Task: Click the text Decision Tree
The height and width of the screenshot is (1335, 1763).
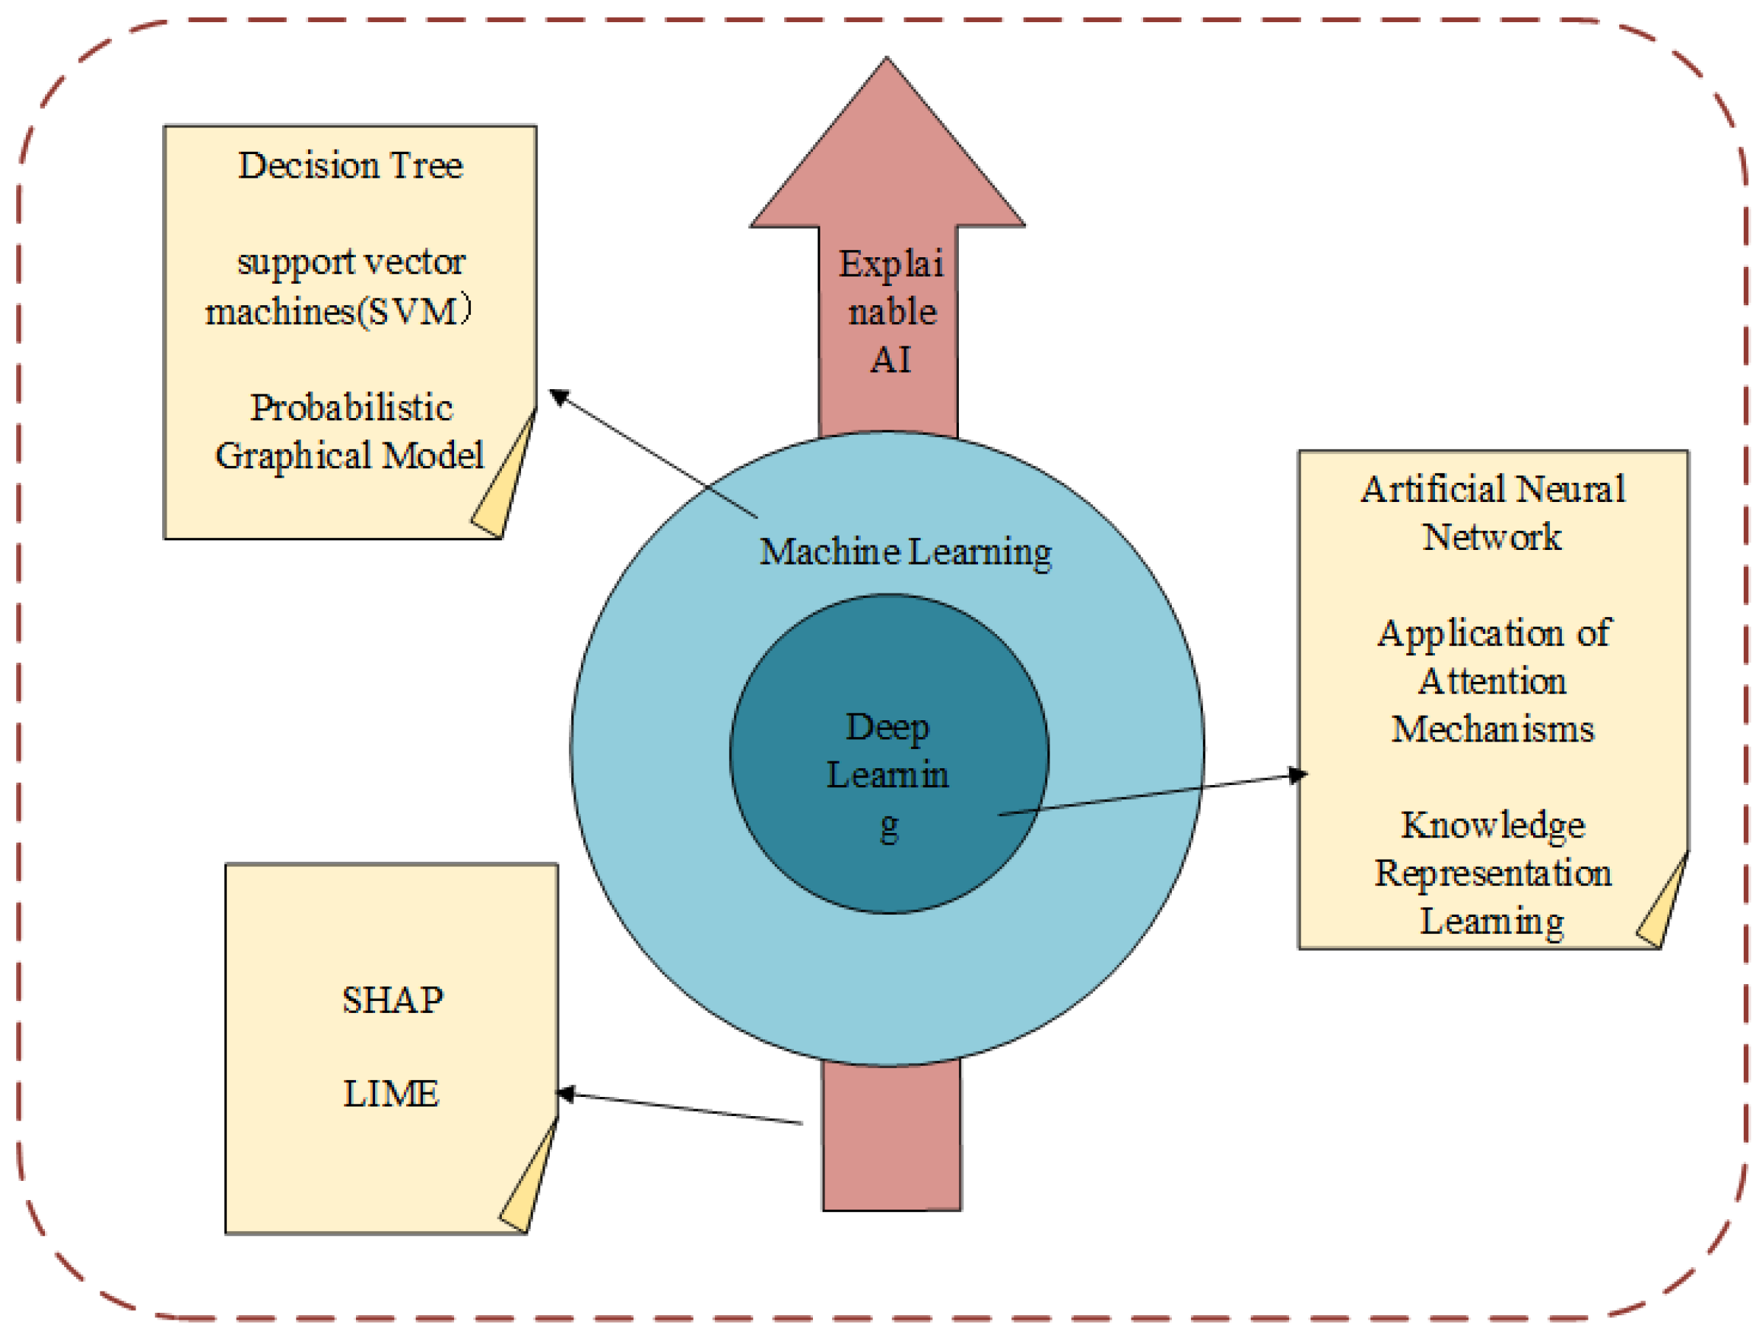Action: point(350,166)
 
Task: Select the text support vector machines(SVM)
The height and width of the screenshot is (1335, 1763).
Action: point(340,286)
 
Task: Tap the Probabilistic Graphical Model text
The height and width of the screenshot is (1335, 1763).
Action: point(350,431)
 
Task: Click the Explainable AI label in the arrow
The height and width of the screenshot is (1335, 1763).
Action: point(890,312)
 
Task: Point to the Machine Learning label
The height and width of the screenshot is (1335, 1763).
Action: point(905,551)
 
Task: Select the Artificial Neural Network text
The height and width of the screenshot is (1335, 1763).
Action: point(1492,512)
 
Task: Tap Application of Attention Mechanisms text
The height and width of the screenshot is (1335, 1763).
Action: point(1492,680)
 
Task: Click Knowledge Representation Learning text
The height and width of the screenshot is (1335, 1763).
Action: point(1492,872)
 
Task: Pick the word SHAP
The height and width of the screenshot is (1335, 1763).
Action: point(392,1000)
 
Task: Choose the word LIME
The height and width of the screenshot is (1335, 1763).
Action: point(391,1092)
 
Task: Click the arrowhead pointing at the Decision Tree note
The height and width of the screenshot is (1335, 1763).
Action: point(559,396)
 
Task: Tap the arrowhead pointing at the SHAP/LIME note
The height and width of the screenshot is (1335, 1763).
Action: point(565,1093)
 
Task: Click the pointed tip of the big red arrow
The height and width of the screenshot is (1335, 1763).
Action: point(886,63)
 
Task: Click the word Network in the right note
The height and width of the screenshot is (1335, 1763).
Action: point(1492,537)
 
